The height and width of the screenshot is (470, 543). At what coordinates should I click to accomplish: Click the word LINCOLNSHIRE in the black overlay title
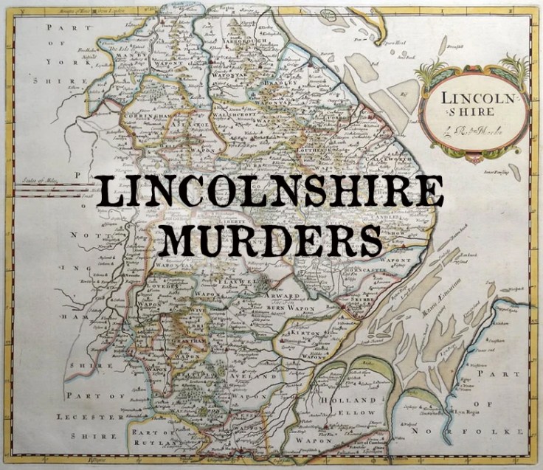click(x=271, y=192)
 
